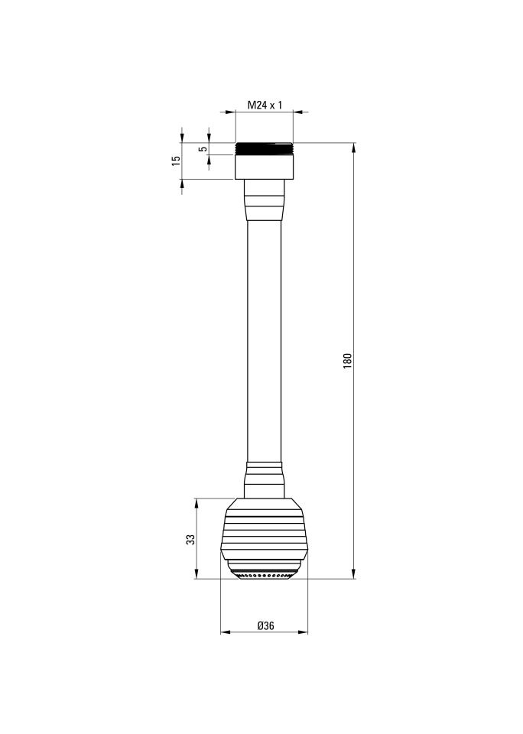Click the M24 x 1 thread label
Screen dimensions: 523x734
265,105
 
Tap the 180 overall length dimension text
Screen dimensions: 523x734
347,361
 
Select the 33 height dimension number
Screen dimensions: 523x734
190,539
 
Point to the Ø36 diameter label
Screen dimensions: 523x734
265,625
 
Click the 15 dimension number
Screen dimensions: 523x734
176,161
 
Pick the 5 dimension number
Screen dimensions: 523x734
203,149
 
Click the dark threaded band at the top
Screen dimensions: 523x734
264,149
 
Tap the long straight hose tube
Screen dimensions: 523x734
264,341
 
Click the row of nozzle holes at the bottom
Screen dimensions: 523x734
265,575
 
